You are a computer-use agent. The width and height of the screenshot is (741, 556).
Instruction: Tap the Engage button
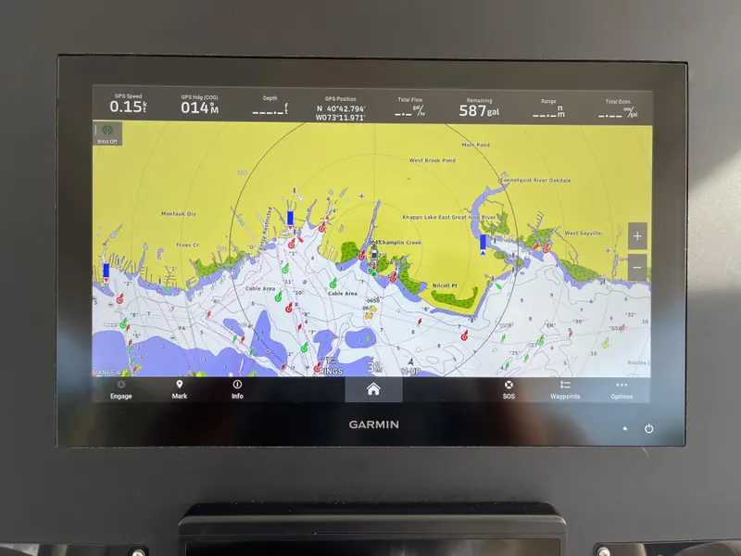[120, 389]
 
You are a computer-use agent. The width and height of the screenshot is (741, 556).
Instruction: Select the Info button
[237, 389]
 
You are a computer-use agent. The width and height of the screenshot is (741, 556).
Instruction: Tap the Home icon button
[373, 389]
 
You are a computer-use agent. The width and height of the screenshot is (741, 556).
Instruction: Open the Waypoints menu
[565, 389]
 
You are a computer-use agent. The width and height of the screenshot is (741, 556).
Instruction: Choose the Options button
[622, 389]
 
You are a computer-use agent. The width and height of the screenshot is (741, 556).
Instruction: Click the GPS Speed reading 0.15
[128, 107]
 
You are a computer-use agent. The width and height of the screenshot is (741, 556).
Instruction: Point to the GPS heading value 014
[199, 107]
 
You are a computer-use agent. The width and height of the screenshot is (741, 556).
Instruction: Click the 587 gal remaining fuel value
[479, 109]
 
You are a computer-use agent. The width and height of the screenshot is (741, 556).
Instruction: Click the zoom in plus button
[637, 235]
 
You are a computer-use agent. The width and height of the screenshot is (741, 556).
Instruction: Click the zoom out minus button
[637, 267]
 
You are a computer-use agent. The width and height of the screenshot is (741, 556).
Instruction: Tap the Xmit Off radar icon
[107, 133]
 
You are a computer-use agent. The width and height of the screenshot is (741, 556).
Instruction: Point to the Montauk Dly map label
[179, 214]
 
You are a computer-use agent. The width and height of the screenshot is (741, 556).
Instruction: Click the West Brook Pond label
[433, 160]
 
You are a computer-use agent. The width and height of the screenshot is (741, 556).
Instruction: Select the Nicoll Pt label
[447, 285]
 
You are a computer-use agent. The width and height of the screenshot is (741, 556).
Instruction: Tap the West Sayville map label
[584, 234]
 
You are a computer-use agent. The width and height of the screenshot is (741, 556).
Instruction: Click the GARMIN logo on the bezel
[373, 424]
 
